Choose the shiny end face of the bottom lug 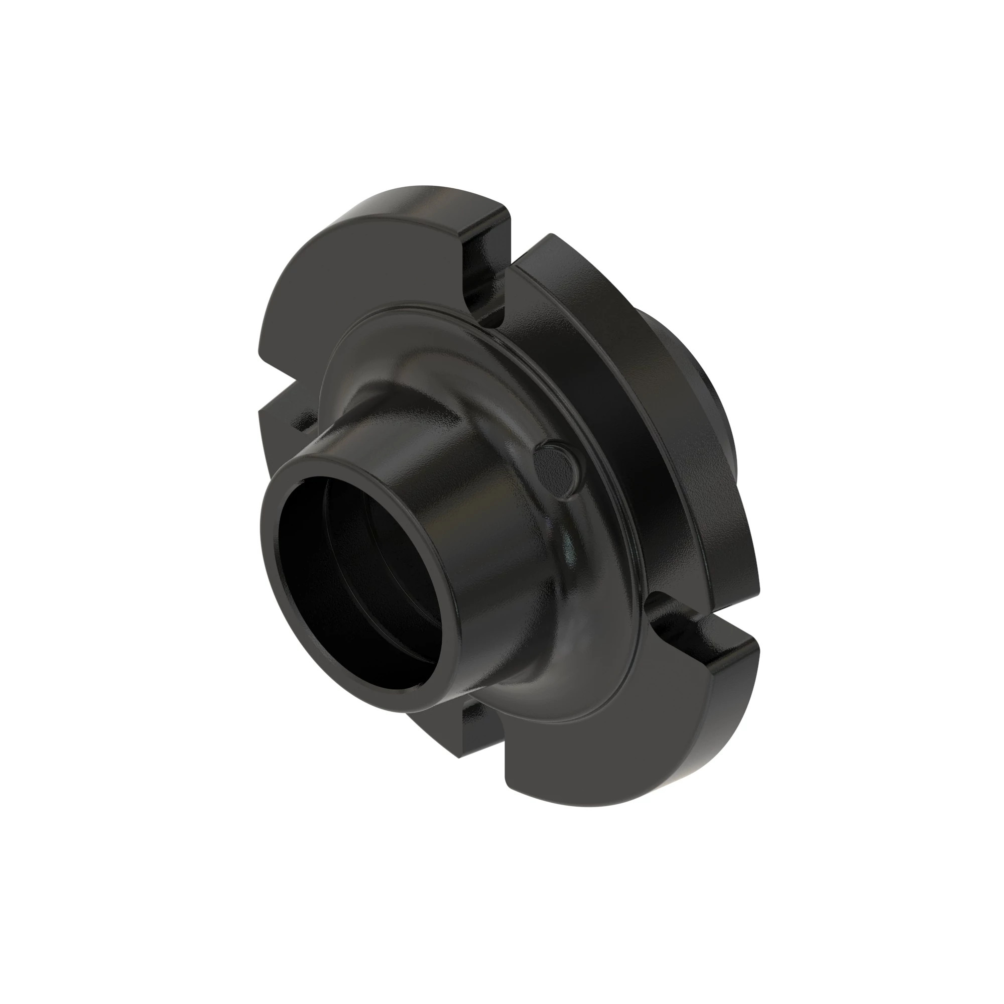[x=722, y=645]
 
